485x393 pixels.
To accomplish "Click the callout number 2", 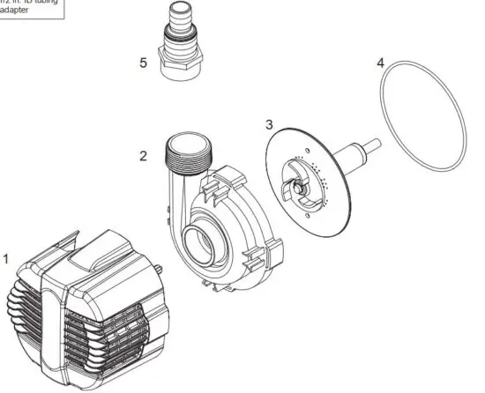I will (143, 156).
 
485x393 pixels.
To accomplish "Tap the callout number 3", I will (269, 124).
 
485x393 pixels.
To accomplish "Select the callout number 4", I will (380, 63).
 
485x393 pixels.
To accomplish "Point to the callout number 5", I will (143, 63).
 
